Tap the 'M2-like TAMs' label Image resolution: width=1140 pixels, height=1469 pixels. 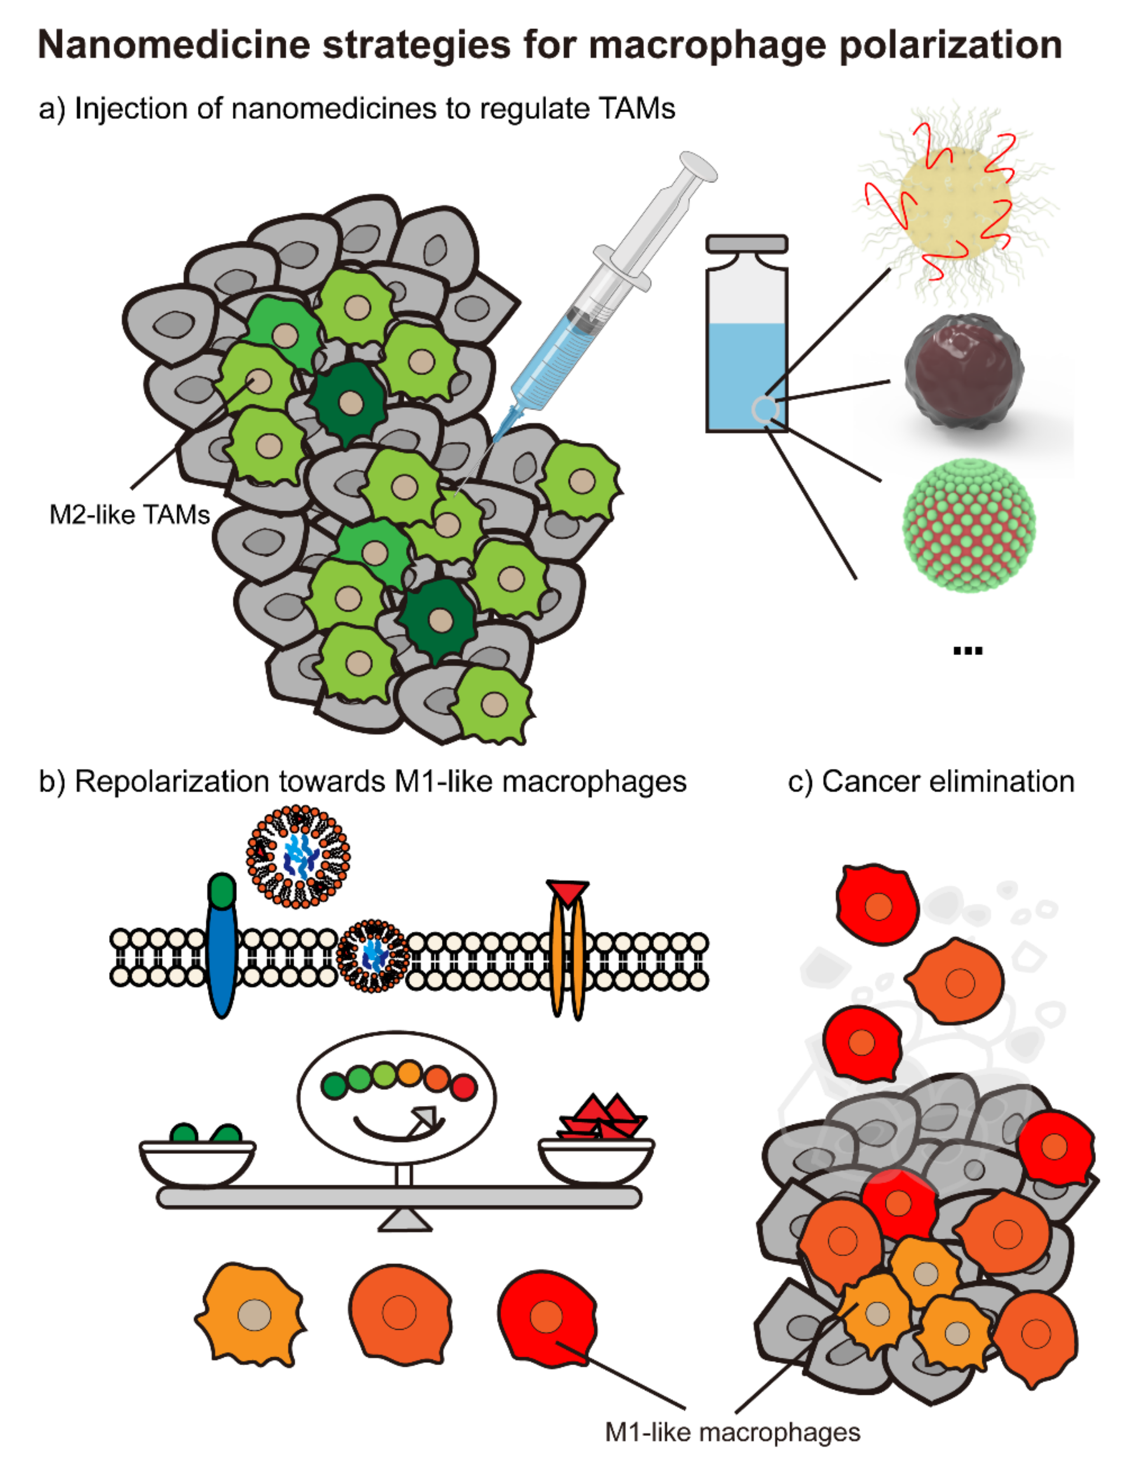pyautogui.click(x=129, y=515)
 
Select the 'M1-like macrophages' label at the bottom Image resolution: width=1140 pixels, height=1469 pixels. pyautogui.click(x=732, y=1432)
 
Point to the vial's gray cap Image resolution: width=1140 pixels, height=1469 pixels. pyautogui.click(x=746, y=244)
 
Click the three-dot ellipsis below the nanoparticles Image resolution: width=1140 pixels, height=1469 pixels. pyautogui.click(x=968, y=651)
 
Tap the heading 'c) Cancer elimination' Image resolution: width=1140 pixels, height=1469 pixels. pyautogui.click(x=931, y=782)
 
